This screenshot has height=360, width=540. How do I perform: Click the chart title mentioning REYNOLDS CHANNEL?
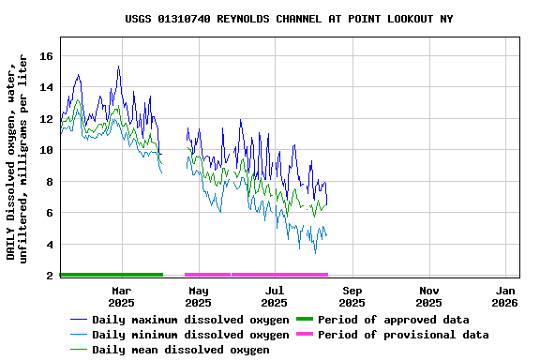coord(289,19)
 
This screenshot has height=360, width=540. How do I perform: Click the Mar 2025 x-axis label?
coord(121,297)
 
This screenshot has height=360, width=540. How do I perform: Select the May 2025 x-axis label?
coord(198,297)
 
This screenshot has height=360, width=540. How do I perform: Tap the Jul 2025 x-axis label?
coord(275,297)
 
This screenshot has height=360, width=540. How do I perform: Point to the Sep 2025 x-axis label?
coord(352,297)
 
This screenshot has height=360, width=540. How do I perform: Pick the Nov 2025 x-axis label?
coord(428,297)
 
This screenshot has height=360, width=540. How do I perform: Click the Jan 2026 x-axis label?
coord(505,297)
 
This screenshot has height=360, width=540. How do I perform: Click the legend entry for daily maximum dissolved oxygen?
coord(190,320)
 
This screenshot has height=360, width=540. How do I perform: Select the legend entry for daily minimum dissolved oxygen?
coord(190,335)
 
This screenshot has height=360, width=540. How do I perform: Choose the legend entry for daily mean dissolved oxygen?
coord(181,350)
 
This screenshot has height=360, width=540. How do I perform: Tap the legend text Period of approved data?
coord(393,320)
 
